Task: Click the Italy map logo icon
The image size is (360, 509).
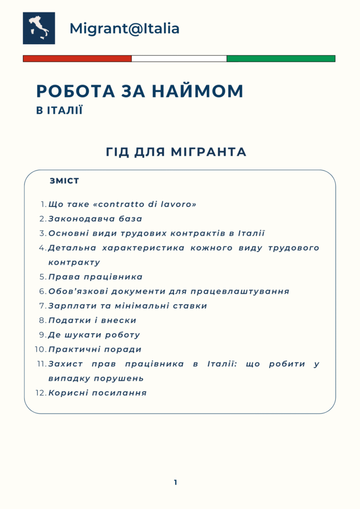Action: (39, 28)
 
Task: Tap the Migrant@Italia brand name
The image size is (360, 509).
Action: (124, 28)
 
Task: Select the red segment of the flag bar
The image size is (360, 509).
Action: (77, 58)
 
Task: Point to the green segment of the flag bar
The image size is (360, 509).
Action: (281, 58)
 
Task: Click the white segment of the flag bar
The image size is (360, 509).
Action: (179, 58)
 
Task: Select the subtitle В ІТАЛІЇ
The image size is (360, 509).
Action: (59, 110)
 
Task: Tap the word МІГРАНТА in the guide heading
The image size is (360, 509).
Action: (209, 152)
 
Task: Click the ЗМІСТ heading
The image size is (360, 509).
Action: (64, 181)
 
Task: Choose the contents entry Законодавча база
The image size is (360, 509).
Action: (95, 219)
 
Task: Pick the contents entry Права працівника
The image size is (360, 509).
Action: (95, 277)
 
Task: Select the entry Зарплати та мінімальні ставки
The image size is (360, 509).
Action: (127, 306)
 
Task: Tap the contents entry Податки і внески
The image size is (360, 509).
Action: (92, 320)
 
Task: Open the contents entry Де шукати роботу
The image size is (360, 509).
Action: (94, 335)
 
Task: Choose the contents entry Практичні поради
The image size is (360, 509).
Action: (95, 349)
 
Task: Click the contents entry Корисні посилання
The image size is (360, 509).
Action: (97, 393)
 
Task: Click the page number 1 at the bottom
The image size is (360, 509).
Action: (176, 482)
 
